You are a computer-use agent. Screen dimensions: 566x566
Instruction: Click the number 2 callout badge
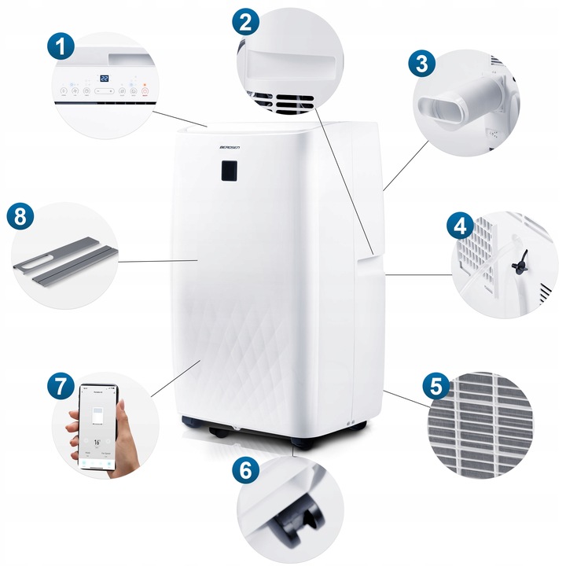[245, 22]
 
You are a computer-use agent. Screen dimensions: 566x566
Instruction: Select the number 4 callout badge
[459, 228]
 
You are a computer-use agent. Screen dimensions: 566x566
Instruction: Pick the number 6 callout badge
[246, 471]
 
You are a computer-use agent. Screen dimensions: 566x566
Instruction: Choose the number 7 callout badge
[60, 386]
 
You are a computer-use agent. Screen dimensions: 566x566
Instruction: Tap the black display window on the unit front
[229, 171]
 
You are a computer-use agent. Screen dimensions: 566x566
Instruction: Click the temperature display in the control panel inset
[104, 79]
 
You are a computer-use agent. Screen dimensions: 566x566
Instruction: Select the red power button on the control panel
[145, 92]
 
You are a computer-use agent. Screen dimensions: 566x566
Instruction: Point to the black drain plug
[518, 267]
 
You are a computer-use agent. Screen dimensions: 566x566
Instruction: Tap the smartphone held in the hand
[100, 428]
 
